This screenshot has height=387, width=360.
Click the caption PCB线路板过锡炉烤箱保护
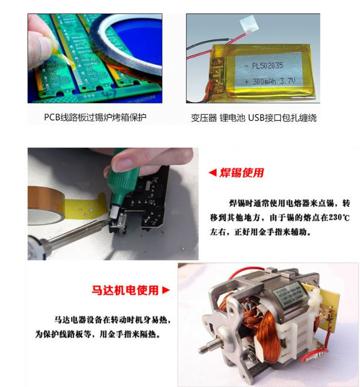coord(95,117)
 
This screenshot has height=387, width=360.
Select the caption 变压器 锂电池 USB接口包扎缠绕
coord(253,117)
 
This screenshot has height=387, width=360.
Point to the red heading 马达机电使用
coord(125,290)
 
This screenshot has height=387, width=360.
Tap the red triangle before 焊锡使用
coord(212,173)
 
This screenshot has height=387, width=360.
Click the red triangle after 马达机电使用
coord(166,290)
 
